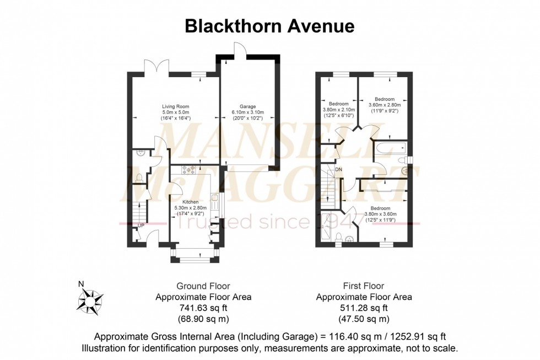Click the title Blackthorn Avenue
[269, 26]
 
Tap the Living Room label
[174, 106]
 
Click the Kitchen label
[183, 202]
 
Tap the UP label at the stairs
[141, 225]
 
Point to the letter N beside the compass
[82, 284]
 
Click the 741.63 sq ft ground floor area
[203, 308]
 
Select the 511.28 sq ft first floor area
[363, 308]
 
